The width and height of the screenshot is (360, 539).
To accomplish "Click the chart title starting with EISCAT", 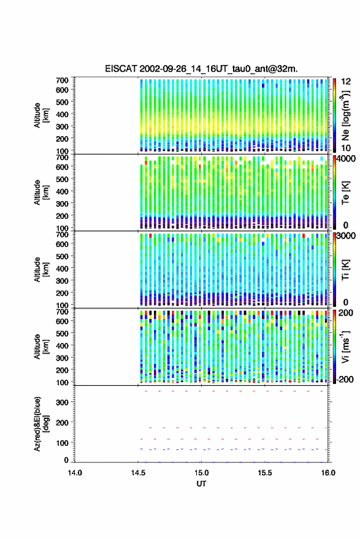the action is (201, 69).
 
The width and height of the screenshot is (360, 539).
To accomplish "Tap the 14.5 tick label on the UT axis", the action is (138, 473).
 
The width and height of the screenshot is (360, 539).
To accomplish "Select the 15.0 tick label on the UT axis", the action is (201, 473).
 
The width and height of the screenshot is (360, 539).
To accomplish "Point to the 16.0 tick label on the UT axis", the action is (328, 473).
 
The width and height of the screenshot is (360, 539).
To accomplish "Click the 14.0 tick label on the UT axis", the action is (75, 473).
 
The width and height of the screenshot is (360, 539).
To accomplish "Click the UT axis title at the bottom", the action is (201, 484).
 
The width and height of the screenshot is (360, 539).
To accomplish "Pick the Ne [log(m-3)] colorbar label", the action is (345, 115).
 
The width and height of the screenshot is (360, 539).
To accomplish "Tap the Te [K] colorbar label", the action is (345, 193).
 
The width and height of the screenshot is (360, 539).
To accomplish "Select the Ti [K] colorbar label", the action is (345, 270).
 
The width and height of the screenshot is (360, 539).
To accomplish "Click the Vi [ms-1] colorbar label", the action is (345, 346).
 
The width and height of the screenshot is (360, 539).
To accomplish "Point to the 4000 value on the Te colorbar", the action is (347, 159).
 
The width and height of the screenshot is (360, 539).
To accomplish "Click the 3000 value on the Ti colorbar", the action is (347, 236).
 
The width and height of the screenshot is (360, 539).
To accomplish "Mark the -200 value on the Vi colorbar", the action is (345, 380).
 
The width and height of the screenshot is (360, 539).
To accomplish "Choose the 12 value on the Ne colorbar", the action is (346, 82).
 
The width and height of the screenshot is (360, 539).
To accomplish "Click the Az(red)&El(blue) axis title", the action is (41, 424).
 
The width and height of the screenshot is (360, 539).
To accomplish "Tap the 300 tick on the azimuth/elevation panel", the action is (62, 402).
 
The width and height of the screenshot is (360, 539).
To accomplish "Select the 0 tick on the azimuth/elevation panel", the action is (66, 460).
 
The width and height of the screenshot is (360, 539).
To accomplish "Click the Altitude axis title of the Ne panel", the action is (41, 115).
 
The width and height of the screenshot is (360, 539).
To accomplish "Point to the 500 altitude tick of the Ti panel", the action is (62, 256).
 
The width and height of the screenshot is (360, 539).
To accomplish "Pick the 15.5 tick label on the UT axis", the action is (265, 473).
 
